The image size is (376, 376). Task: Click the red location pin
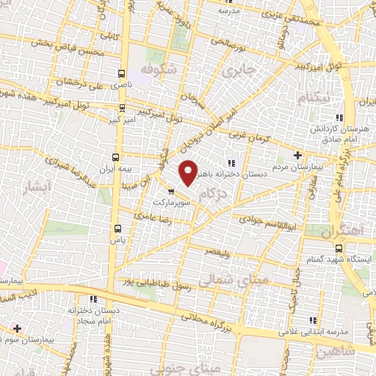189,172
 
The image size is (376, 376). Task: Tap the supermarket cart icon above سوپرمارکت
171,192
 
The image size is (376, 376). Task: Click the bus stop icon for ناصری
122,73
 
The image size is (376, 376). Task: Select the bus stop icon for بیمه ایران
115,157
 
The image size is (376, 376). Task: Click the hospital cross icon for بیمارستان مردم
297,154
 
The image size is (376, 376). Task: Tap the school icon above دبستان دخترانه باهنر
233,163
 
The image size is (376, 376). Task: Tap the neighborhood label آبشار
35,186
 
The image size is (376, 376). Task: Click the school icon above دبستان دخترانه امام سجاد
93,299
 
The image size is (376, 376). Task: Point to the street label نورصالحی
228,43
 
